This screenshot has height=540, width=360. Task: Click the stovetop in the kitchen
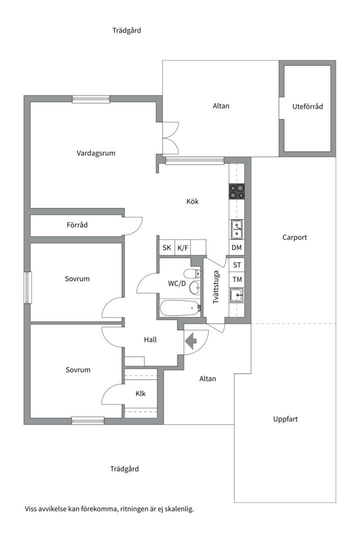[x=236, y=191]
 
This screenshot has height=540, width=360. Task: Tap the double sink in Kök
[x=236, y=229]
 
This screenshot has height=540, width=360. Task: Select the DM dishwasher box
[x=236, y=247]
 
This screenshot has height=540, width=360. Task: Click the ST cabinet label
[x=237, y=265]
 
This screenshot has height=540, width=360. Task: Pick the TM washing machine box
[x=237, y=279]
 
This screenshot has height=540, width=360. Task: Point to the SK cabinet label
[x=166, y=247]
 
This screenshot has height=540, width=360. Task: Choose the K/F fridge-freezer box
[x=182, y=247]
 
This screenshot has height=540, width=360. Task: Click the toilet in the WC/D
[x=192, y=274]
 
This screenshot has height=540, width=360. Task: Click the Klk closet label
[x=140, y=393]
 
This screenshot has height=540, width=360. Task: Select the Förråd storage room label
[x=77, y=225]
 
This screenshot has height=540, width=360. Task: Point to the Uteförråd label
[x=307, y=106]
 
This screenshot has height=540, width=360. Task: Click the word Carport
[x=294, y=237]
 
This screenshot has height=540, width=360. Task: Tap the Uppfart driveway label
[x=285, y=419]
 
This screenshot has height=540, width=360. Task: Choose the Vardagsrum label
[x=96, y=153]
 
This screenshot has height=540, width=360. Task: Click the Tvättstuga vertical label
[x=216, y=287]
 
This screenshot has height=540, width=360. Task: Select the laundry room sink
[x=236, y=295]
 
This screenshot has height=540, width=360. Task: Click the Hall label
[x=150, y=339]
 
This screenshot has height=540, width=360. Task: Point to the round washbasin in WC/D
[x=194, y=287]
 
